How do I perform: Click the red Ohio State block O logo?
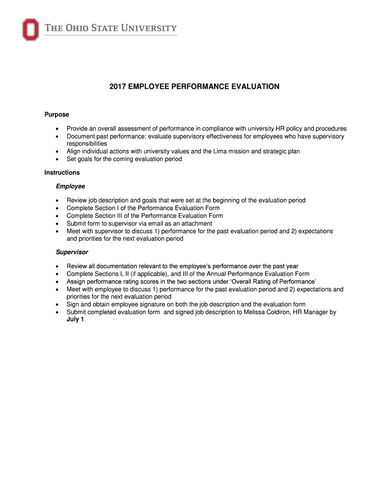click(30, 29)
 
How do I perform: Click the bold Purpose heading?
click(56, 115)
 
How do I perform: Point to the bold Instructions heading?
click(62, 173)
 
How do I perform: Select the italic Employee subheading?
click(70, 186)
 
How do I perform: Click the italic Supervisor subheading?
click(72, 252)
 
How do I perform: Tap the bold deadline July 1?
click(76, 320)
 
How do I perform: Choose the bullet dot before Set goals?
click(58, 159)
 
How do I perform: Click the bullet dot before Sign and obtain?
click(58, 304)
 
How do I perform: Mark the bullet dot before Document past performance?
click(58, 137)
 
